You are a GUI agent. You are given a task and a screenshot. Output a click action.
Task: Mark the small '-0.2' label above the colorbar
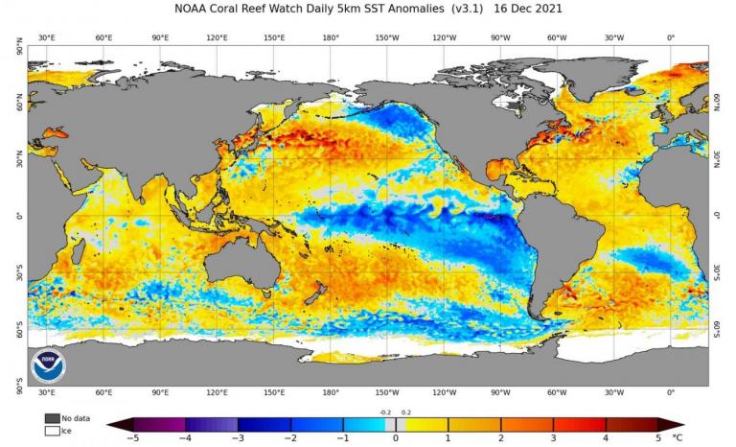tap(385, 412)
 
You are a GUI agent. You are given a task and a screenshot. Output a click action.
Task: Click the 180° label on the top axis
tap(331, 37)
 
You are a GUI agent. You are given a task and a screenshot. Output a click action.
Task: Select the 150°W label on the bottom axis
tap(387, 393)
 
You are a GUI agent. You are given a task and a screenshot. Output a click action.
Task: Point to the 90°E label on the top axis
tap(160, 37)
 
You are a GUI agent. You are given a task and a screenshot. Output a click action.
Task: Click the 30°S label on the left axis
tap(18, 273)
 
